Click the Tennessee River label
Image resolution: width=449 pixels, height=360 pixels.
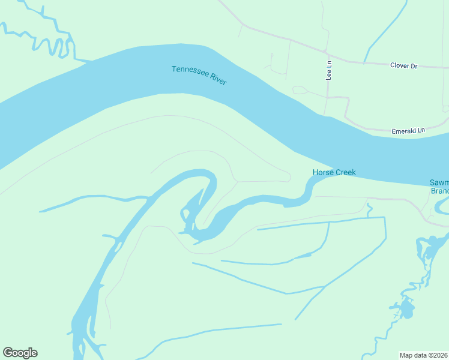[x=199, y=75]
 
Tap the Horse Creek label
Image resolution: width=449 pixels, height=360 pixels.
[x=334, y=173]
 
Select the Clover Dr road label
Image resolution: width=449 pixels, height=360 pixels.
[x=403, y=66]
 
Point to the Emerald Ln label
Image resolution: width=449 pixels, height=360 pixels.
[x=408, y=130]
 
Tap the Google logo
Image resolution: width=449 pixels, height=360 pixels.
[x=20, y=353]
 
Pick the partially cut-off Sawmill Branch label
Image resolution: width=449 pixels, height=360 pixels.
[x=439, y=187]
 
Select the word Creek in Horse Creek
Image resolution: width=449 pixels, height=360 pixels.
[x=345, y=173]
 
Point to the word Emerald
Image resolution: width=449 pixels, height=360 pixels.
[x=403, y=130]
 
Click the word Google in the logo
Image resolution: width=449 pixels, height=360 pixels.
[x=20, y=353]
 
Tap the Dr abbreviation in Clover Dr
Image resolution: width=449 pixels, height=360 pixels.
[x=414, y=66]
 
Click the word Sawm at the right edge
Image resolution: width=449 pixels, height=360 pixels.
[x=439, y=182]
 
